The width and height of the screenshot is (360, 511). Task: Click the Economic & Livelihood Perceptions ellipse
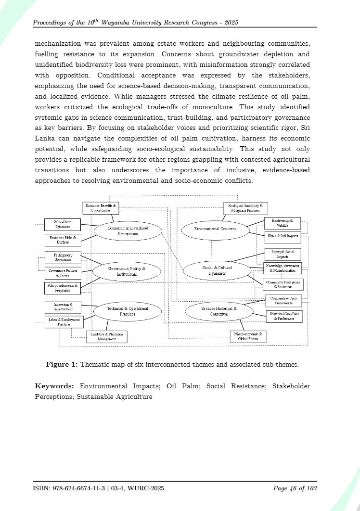pyautogui.click(x=128, y=231)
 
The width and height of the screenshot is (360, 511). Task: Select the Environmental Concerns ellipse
pyautogui.click(x=215, y=229)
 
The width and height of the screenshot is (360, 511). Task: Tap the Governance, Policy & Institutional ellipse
pyautogui.click(x=127, y=271)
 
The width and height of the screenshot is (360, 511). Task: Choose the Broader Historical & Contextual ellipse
pyautogui.click(x=219, y=311)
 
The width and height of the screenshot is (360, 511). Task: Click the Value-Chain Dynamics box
pyautogui.click(x=62, y=224)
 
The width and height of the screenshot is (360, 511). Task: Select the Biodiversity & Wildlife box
pyautogui.click(x=283, y=223)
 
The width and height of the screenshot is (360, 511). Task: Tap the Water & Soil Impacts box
pyautogui.click(x=283, y=236)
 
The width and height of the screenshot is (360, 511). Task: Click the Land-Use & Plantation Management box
pyautogui.click(x=107, y=337)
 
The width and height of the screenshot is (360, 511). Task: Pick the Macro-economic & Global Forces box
pyautogui.click(x=248, y=336)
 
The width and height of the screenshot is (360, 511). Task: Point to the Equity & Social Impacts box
pyautogui.click(x=283, y=254)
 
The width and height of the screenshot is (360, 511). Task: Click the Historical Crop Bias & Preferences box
pyautogui.click(x=284, y=316)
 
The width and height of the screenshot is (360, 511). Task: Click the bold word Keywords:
pyautogui.click(x=54, y=386)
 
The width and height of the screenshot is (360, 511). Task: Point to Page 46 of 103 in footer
pyautogui.click(x=295, y=488)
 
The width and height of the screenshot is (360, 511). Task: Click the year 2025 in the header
pyautogui.click(x=230, y=23)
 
